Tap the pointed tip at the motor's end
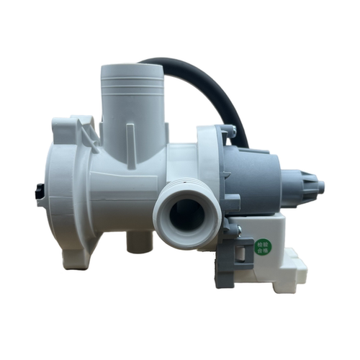[x=320, y=188]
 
